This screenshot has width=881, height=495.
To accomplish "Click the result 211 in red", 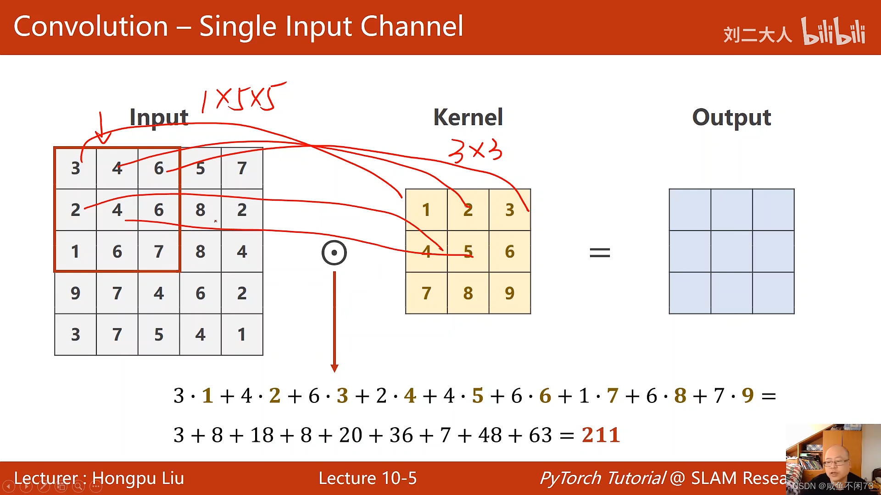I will pos(601,435).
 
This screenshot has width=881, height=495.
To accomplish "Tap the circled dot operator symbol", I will pos(334,253).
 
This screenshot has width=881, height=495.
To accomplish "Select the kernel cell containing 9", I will pos(509,293).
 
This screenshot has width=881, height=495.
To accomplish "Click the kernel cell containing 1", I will pos(426,210).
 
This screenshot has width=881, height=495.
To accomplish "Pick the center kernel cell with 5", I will pos(468,251).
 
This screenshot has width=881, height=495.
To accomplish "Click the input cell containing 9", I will pos(75,293).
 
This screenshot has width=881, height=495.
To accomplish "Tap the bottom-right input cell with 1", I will pos(242,335).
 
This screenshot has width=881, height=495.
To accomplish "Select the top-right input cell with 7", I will pos(242,168).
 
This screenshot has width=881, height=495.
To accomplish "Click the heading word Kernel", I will pos(468,117).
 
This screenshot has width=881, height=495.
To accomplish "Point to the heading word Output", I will pos(731,117).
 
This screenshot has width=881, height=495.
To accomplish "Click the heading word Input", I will pos(159,117).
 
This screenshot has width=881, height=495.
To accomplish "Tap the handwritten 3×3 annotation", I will pos(475,151).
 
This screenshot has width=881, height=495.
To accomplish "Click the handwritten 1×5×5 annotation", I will pos(243,97).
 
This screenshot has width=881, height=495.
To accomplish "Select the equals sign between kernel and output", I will pos(600,253).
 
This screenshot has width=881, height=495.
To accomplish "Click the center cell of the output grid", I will pos(731,251).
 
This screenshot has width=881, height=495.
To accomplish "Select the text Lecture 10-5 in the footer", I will pos(368,478).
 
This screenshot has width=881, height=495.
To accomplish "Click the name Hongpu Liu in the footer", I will pos(138,478).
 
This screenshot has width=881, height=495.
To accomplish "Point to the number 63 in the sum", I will pos(540,435).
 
